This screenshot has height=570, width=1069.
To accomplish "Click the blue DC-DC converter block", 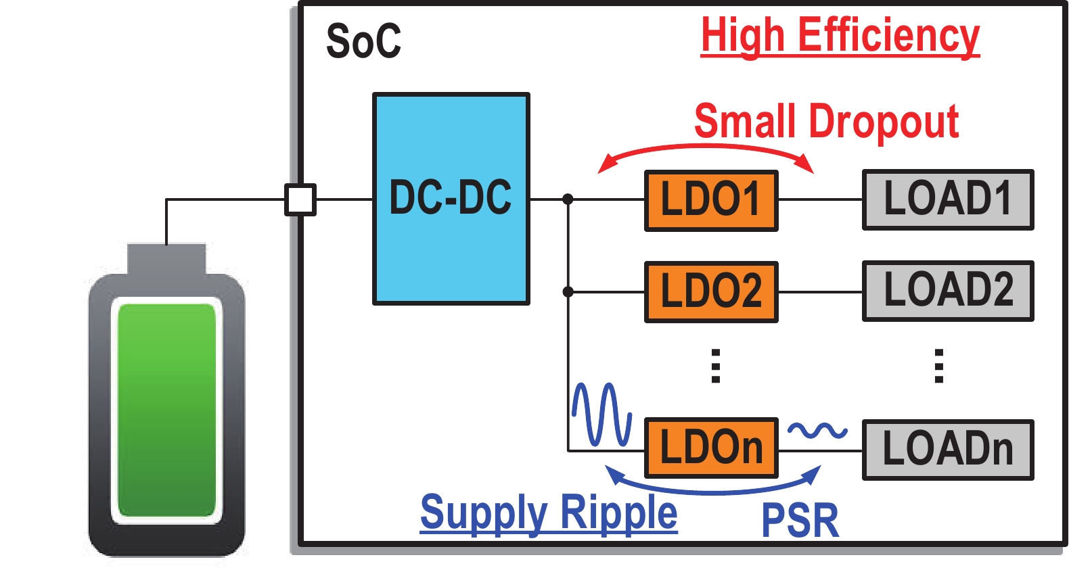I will tap(451, 199).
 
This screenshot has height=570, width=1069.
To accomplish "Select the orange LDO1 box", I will tap(711, 201).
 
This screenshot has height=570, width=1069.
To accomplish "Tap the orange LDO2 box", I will tap(711, 292).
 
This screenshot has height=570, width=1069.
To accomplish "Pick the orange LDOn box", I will tap(711, 448).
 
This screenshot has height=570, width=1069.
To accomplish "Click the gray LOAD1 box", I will tap(948, 200).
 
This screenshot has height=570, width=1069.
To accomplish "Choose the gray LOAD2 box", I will tap(948, 291).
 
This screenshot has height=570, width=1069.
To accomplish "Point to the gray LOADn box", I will tap(948, 450).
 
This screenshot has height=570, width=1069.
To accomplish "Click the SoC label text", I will tap(363, 41).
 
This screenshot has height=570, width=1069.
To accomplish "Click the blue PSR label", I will tap(800, 521).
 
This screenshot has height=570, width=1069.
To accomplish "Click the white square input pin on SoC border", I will tap(300, 199).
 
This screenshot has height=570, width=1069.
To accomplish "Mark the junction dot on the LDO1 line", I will tap(568, 199).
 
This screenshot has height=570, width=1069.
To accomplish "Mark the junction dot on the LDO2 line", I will tap(568, 292).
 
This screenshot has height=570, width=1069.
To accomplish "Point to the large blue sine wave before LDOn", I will tap(601, 414).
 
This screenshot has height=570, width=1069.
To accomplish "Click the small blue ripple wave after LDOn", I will tap(817, 430).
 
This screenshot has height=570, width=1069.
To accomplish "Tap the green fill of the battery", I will tap(166, 410).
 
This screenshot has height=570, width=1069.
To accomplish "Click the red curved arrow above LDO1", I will tap(706, 148).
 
